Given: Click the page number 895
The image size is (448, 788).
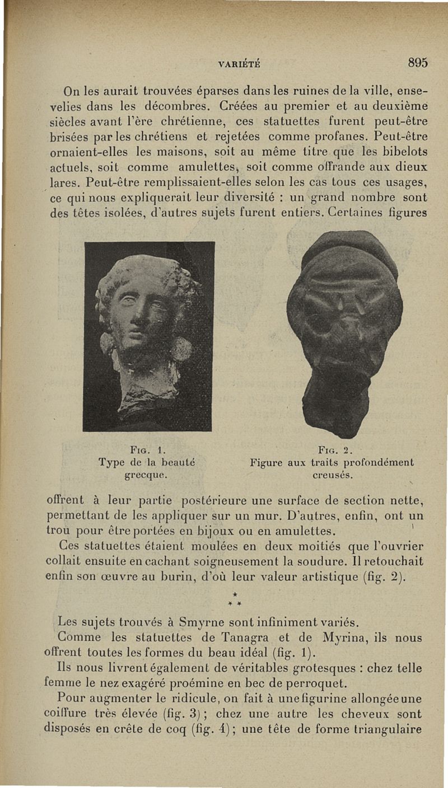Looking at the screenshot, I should click(x=418, y=63).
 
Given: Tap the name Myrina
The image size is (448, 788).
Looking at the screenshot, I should click(x=333, y=637).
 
